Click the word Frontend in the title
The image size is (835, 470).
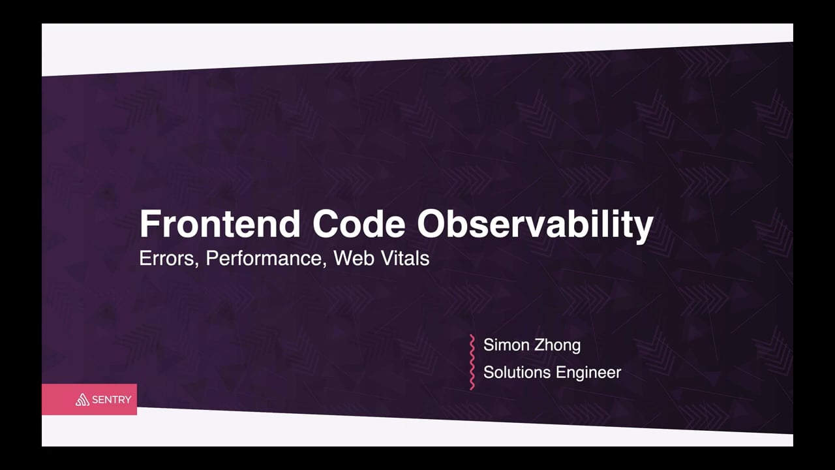tap(220, 223)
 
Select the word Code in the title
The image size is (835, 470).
tap(359, 223)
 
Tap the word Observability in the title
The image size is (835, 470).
tap(535, 226)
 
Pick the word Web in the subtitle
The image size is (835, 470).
tap(354, 258)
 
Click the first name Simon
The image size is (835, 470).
tap(505, 345)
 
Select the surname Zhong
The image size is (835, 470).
tap(557, 346)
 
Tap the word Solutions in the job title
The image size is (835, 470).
tap(517, 373)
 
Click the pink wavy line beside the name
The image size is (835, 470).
tap(472, 362)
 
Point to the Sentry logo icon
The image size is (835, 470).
tap(82, 399)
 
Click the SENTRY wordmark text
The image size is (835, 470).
tap(112, 400)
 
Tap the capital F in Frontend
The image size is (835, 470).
tap(149, 224)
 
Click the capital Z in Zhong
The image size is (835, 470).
tap(539, 345)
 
